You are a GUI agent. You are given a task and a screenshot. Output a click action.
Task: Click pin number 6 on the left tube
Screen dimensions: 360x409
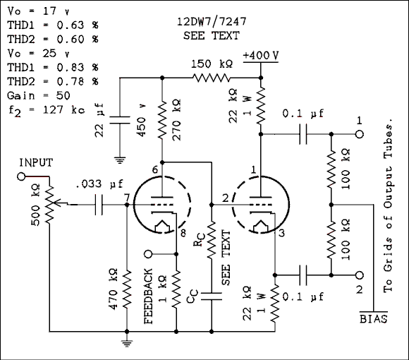pyautogui.click(x=154, y=170)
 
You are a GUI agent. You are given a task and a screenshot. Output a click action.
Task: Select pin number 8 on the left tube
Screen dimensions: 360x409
pyautogui.click(x=183, y=234)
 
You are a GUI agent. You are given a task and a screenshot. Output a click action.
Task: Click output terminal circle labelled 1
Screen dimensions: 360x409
pyautogui.click(x=359, y=133)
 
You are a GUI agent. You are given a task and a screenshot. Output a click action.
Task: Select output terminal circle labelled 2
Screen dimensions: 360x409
pyautogui.click(x=359, y=275)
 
